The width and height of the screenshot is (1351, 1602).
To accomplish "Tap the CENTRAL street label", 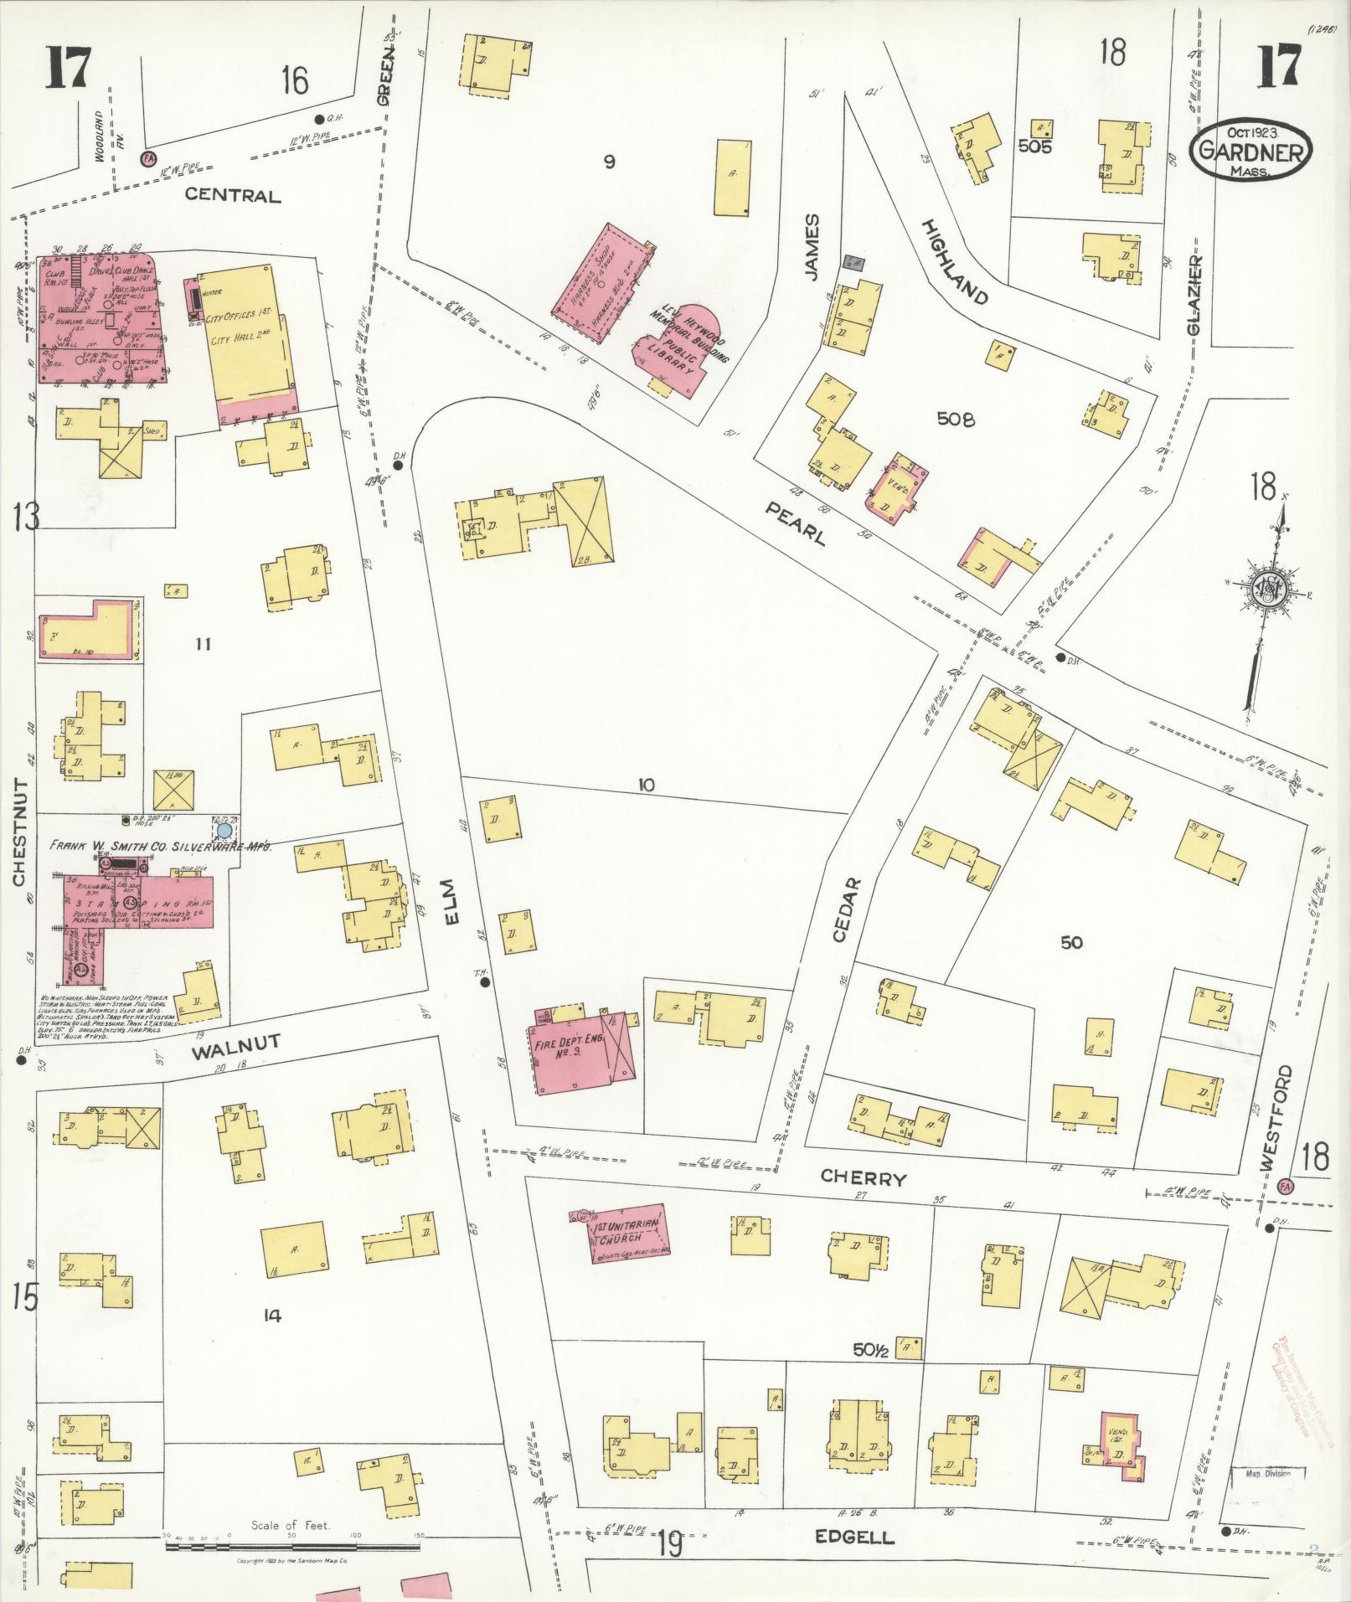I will click(x=232, y=195).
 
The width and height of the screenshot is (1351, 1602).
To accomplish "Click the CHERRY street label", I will click(x=864, y=1179).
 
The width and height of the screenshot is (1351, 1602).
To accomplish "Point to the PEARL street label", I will click(x=795, y=524).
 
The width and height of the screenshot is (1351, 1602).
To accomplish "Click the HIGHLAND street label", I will click(x=956, y=261).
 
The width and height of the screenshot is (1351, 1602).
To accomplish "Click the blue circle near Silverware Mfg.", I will click(x=224, y=831).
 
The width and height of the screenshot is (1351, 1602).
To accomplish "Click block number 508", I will click(x=956, y=420).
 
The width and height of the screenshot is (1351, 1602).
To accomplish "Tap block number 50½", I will click(x=870, y=1349).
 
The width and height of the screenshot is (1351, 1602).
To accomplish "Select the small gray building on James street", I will click(x=853, y=263).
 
